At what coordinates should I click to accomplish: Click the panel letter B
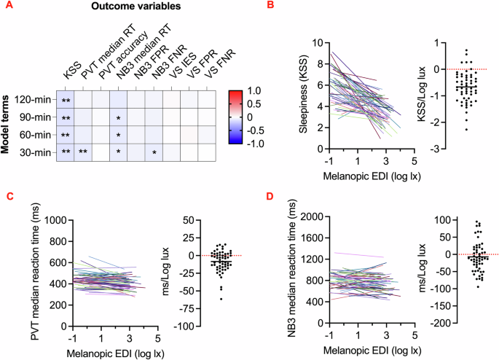pos(270,7)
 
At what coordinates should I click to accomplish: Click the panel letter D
pos(270,197)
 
